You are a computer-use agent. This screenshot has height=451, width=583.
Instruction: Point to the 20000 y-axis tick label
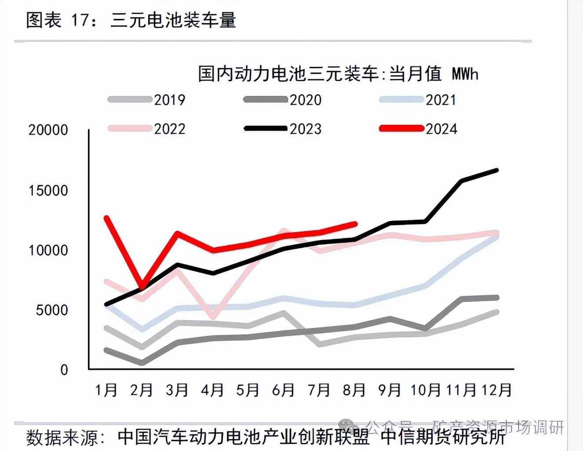tap(48, 130)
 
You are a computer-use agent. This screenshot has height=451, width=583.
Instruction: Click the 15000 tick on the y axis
tap(48, 191)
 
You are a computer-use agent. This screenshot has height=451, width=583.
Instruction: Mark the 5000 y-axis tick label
tap(52, 310)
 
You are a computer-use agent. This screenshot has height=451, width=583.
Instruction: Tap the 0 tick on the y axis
tap(64, 370)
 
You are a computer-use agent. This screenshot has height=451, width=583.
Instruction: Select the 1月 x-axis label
tap(106, 390)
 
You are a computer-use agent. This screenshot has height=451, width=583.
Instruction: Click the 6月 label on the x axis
tap(284, 390)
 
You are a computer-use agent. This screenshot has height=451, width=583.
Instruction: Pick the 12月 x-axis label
tap(497, 390)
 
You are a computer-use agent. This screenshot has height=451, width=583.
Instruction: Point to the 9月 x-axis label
tap(390, 390)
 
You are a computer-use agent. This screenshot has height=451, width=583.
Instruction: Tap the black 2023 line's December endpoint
tap(497, 170)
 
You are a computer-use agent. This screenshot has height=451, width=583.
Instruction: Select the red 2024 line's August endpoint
tap(355, 224)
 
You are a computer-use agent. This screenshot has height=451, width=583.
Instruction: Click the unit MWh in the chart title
tap(465, 74)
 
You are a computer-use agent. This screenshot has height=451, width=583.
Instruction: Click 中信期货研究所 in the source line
tap(443, 438)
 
